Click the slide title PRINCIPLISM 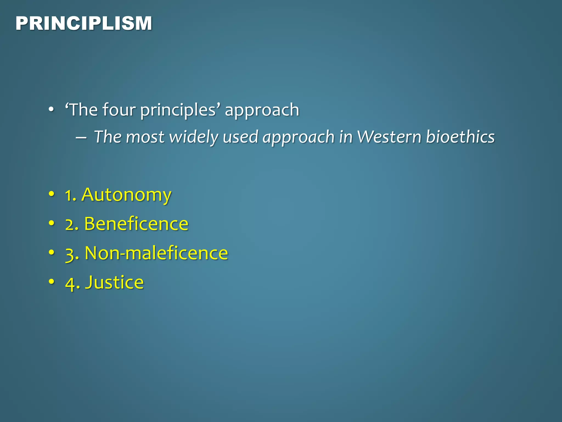pos(84,23)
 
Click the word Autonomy pos(126,195)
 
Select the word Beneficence pos(136,224)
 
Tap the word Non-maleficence pos(156,253)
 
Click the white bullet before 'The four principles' pos(51,110)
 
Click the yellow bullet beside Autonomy pos(51,194)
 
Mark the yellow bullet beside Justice pos(51,282)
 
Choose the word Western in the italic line pos(389,137)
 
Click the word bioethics pos(460,137)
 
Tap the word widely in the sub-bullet pos(193,137)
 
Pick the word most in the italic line pos(145,137)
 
